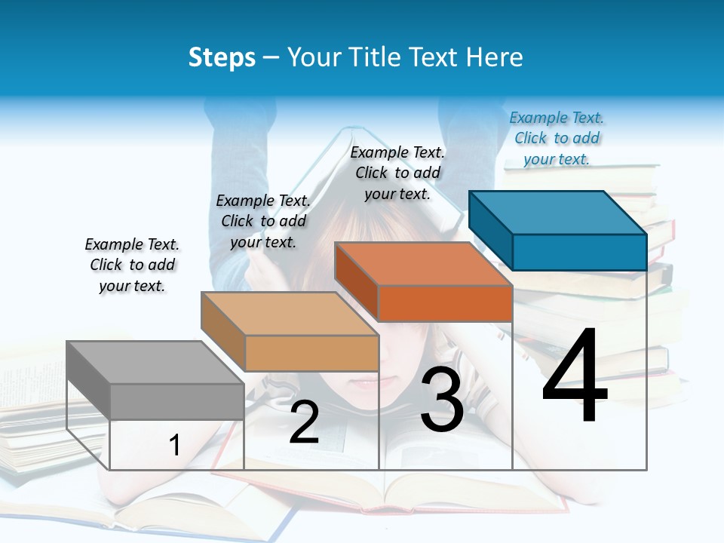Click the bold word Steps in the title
click(222, 57)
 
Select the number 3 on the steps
click(442, 400)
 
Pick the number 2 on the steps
click(304, 423)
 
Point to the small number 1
click(174, 446)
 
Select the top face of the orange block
click(422, 264)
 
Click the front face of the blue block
click(579, 252)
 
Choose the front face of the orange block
click(445, 304)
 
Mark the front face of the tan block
click(311, 353)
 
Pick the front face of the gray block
click(177, 401)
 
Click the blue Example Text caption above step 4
click(557, 138)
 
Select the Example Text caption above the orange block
click(397, 173)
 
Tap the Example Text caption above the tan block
click(263, 221)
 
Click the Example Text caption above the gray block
click(132, 265)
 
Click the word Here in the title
click(494, 57)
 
